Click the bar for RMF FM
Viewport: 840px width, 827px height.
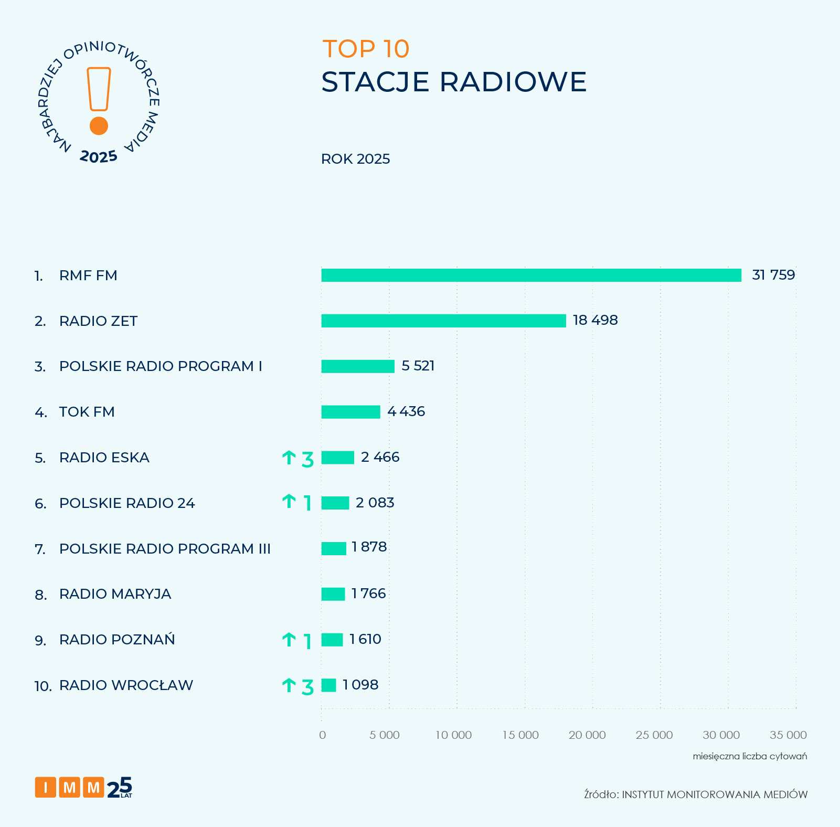531,275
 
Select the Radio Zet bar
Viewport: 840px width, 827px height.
443,321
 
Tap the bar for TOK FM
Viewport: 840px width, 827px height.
350,412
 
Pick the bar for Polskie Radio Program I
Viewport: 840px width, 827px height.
358,366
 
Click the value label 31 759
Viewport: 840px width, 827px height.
773,275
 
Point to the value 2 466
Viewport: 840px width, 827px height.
380,457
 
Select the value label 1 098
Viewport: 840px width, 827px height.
360,685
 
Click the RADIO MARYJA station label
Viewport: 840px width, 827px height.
115,594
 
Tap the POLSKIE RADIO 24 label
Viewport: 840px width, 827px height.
127,503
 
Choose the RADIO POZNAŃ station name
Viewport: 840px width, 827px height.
117,640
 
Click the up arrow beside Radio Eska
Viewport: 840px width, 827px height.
289,458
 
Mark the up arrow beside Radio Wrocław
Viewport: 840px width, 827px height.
289,685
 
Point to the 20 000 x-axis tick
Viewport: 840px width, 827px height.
587,735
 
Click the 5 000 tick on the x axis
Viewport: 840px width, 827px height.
385,735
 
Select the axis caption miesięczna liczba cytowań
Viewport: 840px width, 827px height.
750,756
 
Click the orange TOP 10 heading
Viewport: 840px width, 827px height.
366,49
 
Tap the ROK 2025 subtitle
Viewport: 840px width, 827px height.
355,159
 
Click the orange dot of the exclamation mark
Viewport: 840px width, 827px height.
99,126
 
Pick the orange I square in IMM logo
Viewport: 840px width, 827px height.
46,787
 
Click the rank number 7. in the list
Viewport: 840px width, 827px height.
40,549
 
